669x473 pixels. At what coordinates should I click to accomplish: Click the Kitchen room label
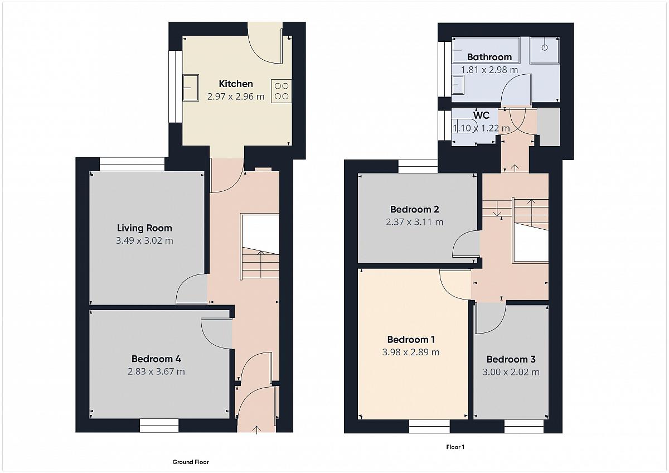(236, 84)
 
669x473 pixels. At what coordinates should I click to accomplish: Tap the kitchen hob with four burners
(282, 91)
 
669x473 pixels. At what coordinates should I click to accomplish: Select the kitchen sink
(191, 88)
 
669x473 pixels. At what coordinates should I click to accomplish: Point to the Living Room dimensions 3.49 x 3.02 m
(144, 240)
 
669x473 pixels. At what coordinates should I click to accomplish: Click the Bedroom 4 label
(156, 359)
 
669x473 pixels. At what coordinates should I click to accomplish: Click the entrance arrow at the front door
(256, 429)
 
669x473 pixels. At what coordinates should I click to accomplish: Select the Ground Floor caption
(191, 462)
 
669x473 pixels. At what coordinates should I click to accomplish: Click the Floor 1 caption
(455, 447)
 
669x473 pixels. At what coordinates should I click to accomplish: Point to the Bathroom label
(489, 57)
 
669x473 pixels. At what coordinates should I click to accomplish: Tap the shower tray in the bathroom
(545, 50)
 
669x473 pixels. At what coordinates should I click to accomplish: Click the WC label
(481, 115)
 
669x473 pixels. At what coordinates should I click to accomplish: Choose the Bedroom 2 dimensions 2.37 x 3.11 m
(415, 222)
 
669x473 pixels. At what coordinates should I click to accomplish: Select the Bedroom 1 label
(411, 340)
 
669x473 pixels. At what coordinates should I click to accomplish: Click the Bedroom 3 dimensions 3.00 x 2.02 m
(511, 372)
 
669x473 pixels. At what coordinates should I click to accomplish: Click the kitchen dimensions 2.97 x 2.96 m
(236, 96)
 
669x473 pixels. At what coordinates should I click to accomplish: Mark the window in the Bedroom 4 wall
(159, 426)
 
